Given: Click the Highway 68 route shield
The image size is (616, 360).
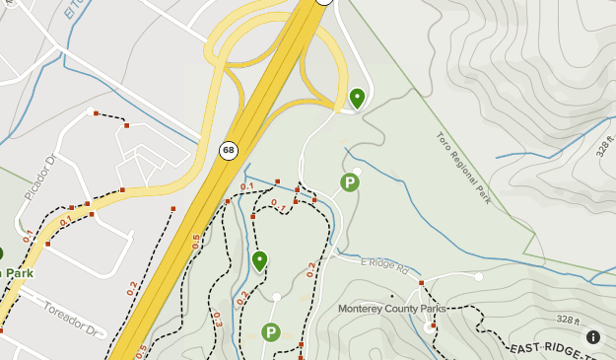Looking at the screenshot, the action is click(x=229, y=150).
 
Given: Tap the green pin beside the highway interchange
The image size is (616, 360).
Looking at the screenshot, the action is click(x=357, y=98).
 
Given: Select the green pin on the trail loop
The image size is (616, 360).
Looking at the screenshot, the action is click(x=259, y=260).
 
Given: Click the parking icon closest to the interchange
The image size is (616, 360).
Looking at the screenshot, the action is click(x=349, y=181).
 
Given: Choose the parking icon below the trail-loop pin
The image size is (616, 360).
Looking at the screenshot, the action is click(x=270, y=332).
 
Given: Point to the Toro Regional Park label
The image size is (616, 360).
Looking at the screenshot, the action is click(x=463, y=168).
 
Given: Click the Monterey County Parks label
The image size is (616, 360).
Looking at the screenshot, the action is click(x=392, y=309).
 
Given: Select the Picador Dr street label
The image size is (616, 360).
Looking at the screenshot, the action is click(x=37, y=179).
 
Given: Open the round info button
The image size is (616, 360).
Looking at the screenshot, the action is click(x=593, y=336).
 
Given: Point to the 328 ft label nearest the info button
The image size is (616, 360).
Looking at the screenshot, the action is click(x=567, y=319).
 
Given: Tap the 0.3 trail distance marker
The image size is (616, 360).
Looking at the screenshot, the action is click(x=217, y=319).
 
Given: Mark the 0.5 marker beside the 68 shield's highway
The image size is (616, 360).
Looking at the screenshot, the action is click(x=196, y=242).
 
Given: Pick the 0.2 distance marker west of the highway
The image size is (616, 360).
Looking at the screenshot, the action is click(x=132, y=288).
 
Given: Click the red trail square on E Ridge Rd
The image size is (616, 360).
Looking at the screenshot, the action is click(x=421, y=283).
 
